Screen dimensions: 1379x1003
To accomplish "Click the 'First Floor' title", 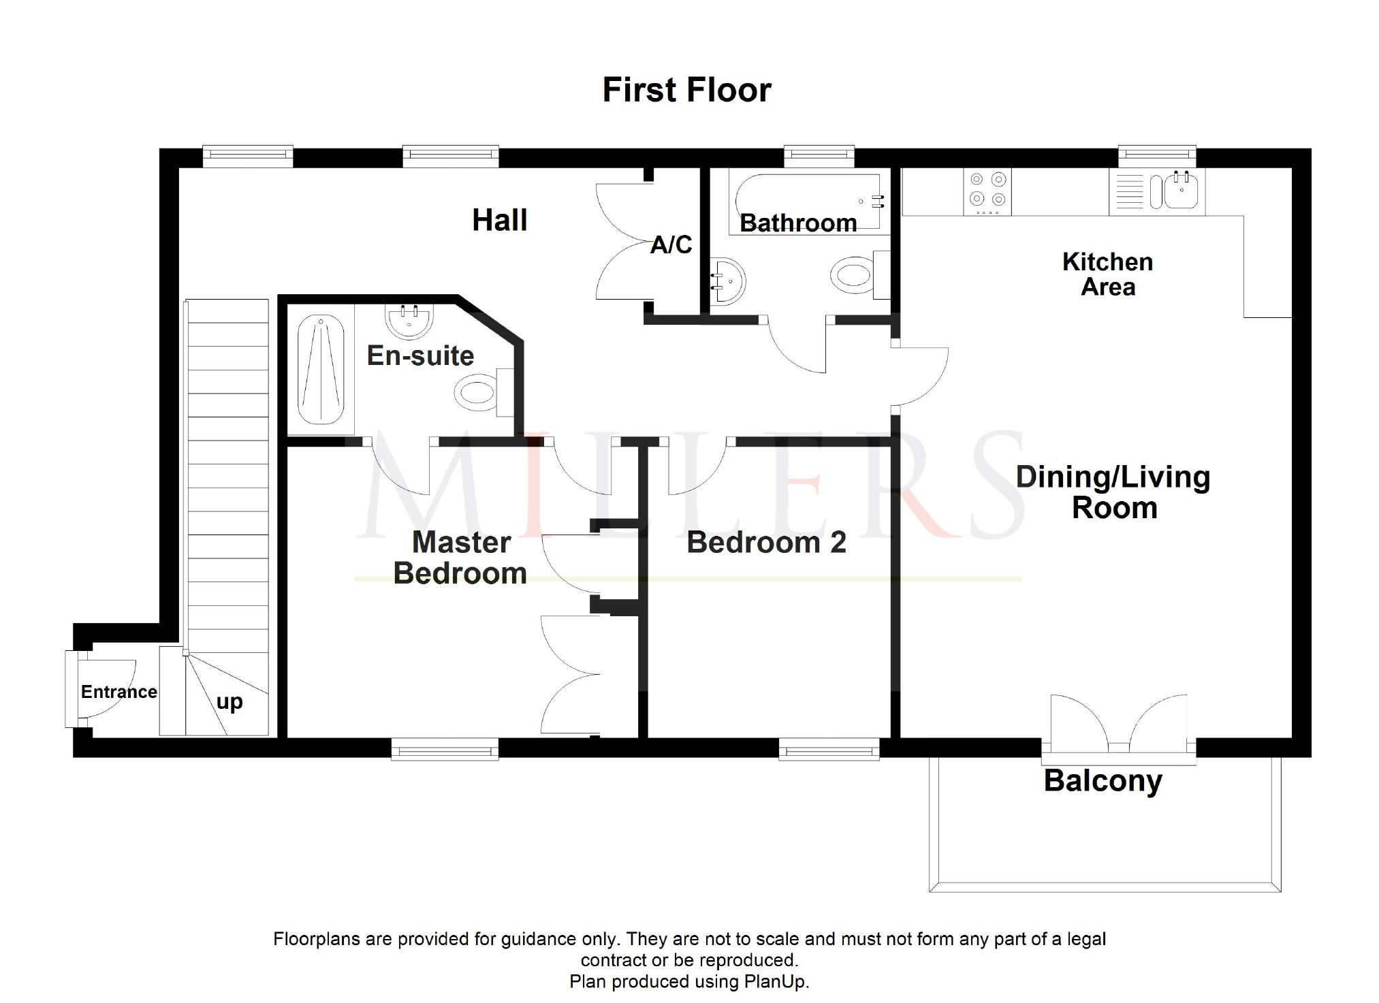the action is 686,90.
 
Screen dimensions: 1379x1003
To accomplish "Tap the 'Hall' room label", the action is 500,220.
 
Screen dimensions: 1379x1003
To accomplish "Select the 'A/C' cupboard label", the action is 671,244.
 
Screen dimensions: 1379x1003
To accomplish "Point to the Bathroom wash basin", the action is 728,281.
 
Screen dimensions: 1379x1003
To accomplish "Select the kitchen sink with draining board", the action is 1157,191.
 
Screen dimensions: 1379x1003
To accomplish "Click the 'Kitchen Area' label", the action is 1108,274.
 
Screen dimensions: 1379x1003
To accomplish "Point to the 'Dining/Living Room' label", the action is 1113,492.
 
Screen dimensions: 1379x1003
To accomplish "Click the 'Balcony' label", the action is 1103,782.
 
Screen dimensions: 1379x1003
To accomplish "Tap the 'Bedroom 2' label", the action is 766,543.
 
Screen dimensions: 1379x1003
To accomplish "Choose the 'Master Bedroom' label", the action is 461,558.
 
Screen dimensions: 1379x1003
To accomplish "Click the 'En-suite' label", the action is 420,355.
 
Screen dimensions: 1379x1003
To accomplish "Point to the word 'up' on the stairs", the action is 229,702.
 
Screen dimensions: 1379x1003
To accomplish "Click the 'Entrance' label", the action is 119,692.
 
